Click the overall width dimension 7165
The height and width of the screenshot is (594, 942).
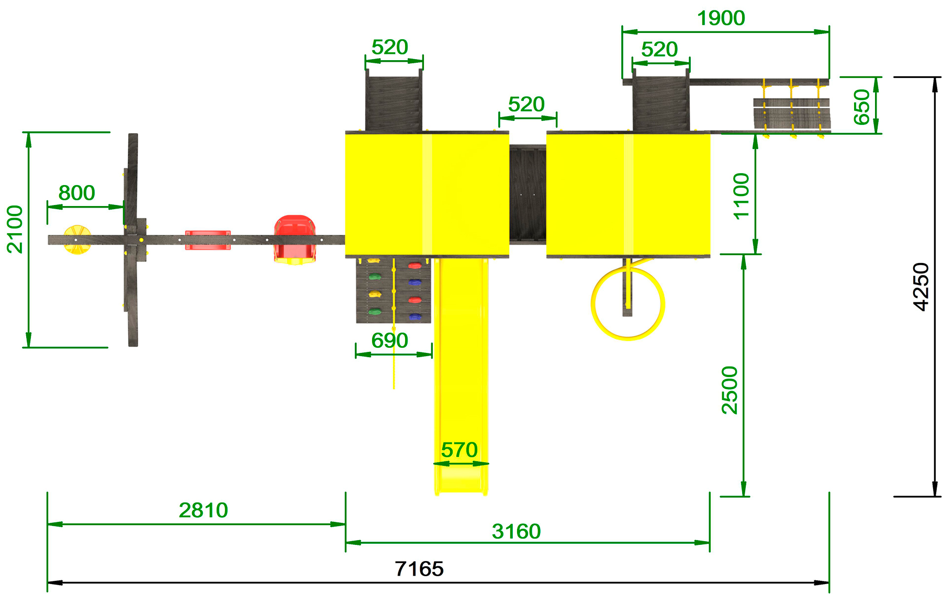pos(419,569)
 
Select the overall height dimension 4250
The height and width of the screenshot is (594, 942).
pos(921,287)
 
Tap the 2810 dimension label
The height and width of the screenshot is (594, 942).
pos(204,510)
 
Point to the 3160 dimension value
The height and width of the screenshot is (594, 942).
pos(517,532)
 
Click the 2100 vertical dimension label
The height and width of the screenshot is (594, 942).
pos(15,230)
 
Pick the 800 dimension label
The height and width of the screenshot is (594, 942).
pos(77,193)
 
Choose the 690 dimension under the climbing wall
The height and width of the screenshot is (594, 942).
pos(390,341)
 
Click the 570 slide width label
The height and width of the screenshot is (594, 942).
pos(459,450)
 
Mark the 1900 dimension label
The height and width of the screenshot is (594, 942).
pos(721,18)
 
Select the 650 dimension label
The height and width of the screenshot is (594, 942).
pos(862,107)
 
